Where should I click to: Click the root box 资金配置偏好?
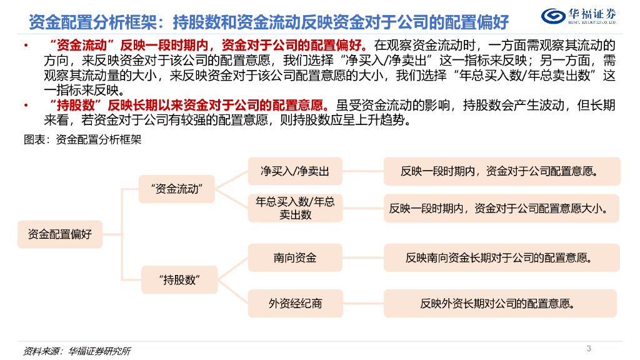coord(60,234)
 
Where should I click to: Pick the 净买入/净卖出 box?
coord(295,171)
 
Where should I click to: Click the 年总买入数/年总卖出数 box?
coord(295,208)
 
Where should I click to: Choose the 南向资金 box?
coord(295,257)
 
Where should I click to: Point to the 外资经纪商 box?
coord(295,304)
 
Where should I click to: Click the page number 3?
coord(589,348)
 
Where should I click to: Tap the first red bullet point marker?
coord(24,47)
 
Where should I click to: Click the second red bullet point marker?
coord(24,105)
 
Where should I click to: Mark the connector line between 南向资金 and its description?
coord(362,257)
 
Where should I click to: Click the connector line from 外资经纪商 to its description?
coord(362,304)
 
